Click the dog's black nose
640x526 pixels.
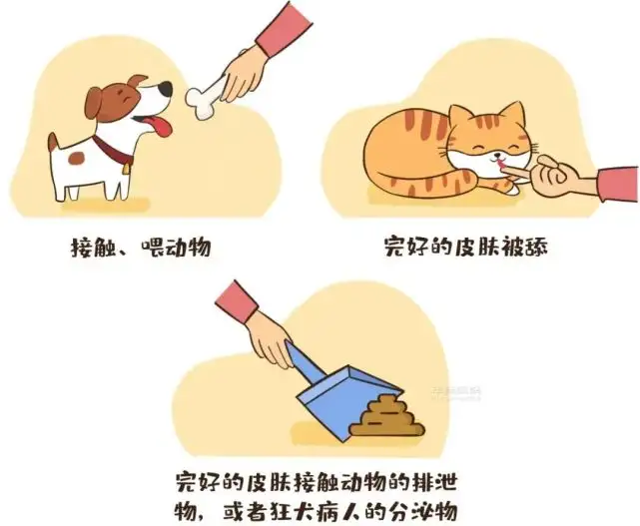(x=165, y=88)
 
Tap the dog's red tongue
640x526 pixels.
(x=160, y=126)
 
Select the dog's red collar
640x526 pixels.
(x=112, y=151)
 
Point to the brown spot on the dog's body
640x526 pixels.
(x=76, y=158)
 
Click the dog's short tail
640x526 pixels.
(x=54, y=141)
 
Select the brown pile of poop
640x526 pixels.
(x=387, y=416)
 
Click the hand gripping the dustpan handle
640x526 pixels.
(x=269, y=339)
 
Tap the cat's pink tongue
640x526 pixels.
(x=501, y=166)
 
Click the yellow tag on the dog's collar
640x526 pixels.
(x=128, y=168)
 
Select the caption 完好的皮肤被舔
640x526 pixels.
(x=465, y=247)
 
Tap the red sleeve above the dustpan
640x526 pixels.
(x=236, y=301)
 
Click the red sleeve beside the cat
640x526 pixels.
(x=618, y=184)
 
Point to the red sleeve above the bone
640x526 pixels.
(x=285, y=29)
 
